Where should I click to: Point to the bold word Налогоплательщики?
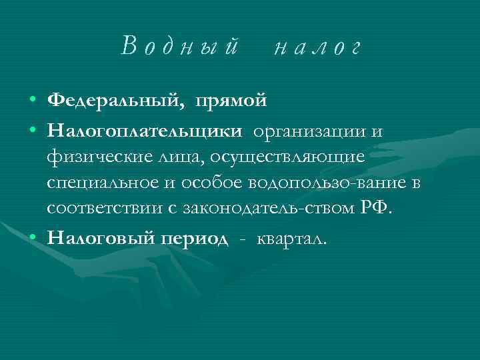144,131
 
